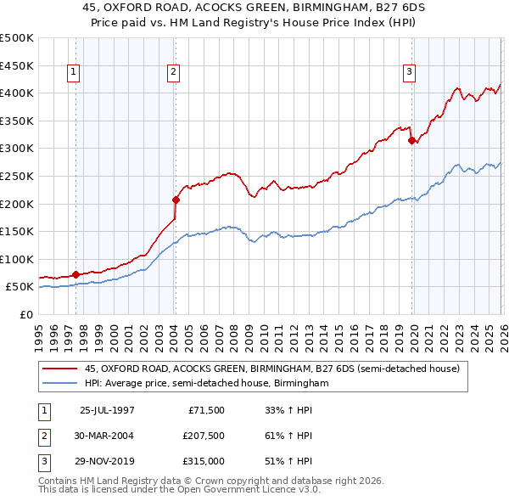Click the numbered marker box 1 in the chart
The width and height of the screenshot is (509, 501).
coord(74,73)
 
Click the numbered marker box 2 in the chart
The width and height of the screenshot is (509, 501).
coord(173,73)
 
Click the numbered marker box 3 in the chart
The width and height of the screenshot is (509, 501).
coord(409,73)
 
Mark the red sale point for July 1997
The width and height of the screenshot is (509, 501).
coord(76,274)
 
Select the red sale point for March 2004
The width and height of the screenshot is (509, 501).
coord(176,200)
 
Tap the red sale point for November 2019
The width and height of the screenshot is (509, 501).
coord(411,141)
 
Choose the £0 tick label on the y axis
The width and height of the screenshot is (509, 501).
coord(26,314)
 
